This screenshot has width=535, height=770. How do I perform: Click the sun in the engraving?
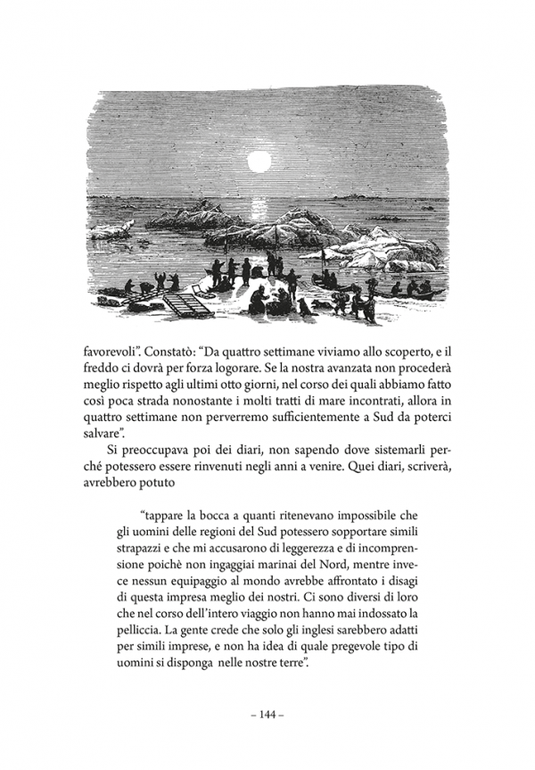[259, 162]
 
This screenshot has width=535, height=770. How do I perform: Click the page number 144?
[267, 715]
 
